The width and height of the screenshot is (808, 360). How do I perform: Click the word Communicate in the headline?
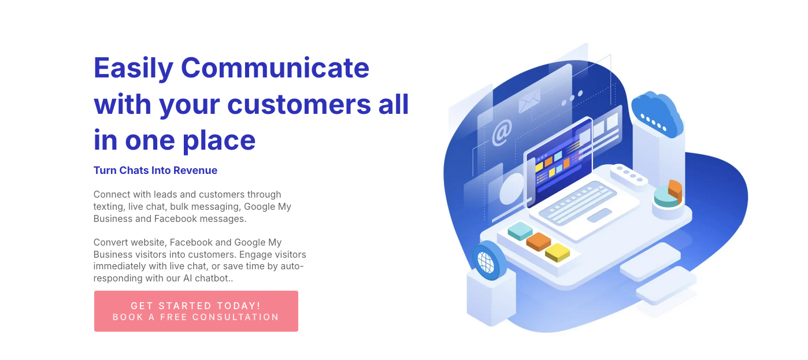coord(275,68)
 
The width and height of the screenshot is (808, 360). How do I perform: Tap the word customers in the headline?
coord(299,104)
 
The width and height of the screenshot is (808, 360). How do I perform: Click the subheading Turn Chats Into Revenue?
coord(155,170)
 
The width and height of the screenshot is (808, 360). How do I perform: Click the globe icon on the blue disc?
coord(485,262)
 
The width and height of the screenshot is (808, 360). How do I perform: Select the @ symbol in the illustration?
coord(502,132)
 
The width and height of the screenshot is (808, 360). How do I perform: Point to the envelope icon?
coord(529,100)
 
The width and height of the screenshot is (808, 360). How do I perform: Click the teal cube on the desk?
coord(520,231)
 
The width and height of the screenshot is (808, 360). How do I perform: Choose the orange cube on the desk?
coord(539,242)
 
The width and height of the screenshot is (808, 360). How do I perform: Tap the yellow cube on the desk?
coord(557,252)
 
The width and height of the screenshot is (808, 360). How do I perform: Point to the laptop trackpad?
coord(599,216)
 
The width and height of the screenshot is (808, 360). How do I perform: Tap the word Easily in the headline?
coord(134,69)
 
